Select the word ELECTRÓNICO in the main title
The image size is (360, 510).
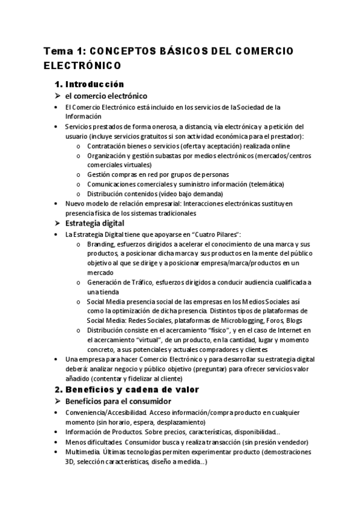pyautogui.click(x=82, y=64)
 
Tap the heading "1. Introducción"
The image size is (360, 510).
pyautogui.click(x=89, y=84)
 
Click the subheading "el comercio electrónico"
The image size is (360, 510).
pyautogui.click(x=106, y=96)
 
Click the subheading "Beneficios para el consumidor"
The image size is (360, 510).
pyautogui.click(x=119, y=401)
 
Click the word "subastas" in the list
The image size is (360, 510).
pyautogui.click(x=168, y=155)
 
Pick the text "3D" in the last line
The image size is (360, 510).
pyautogui.click(x=69, y=461)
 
